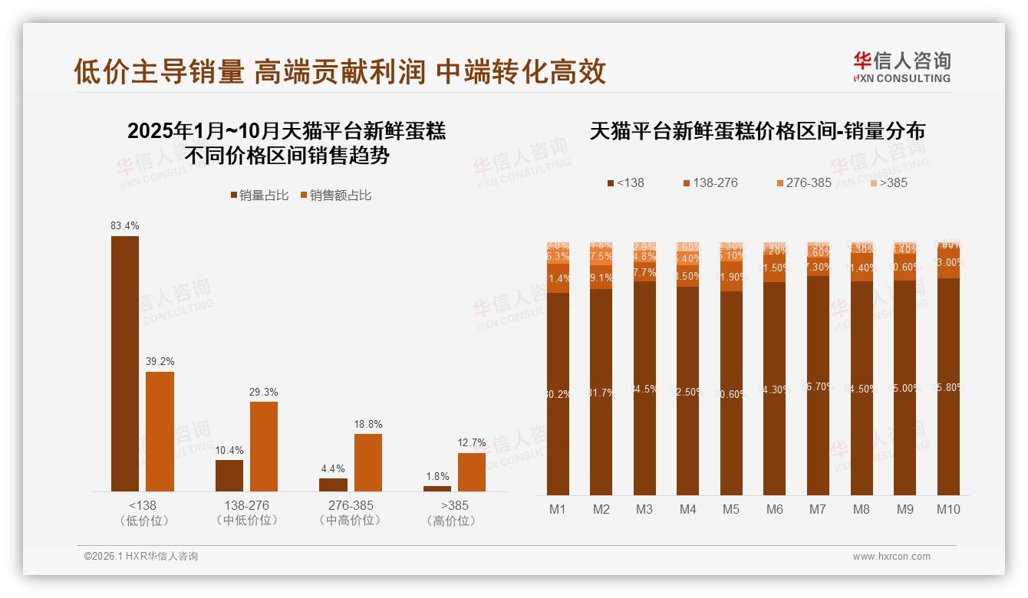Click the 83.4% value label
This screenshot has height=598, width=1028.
tap(125, 225)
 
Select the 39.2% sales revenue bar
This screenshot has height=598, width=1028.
tap(160, 432)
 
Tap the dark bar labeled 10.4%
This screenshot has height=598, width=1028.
tap(229, 475)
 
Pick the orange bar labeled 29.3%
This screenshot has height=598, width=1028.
tap(264, 446)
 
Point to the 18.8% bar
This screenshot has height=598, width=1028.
tap(368, 462)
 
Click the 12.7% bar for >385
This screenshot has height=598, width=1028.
tap(472, 472)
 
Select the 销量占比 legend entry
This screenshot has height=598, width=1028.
tap(259, 195)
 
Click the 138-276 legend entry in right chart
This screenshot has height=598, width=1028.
tap(710, 182)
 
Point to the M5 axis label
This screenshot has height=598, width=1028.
tap(731, 509)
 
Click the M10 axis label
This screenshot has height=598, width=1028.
tap(948, 509)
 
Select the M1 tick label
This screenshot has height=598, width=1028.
tap(558, 509)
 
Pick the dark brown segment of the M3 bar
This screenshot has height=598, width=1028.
tap(644, 388)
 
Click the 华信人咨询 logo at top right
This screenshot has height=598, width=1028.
tap(901, 67)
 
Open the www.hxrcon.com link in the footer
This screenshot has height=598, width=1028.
tap(891, 557)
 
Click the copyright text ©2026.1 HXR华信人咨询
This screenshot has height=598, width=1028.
tap(141, 557)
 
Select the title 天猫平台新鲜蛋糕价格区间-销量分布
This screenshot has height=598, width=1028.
tap(757, 131)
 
